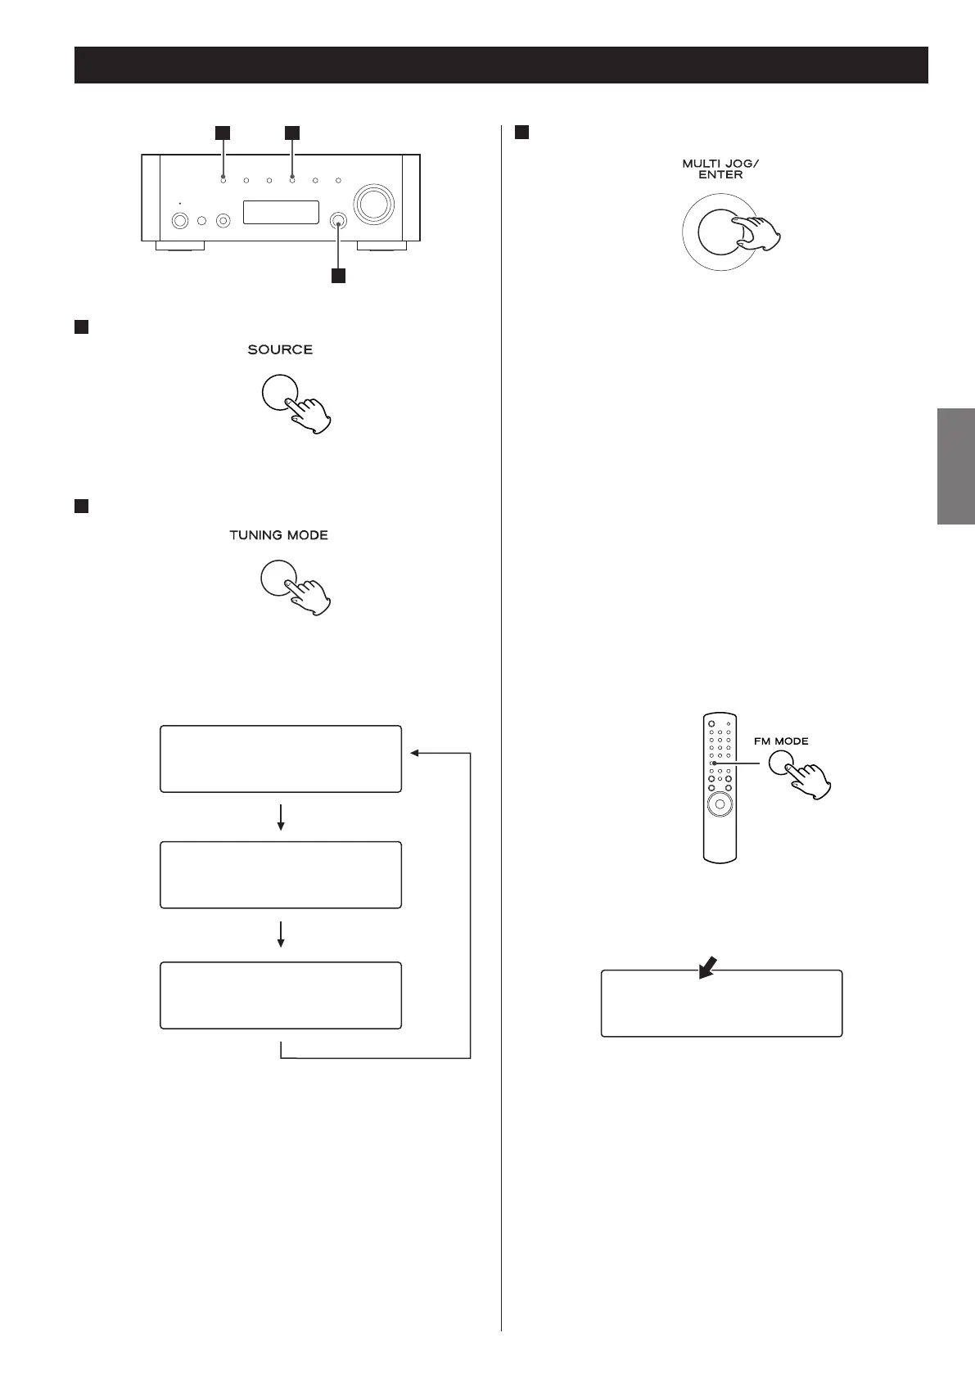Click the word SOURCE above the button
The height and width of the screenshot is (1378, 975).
280,349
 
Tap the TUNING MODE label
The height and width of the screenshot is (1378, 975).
278,535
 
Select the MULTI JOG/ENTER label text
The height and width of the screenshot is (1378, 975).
720,169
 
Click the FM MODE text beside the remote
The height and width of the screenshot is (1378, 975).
780,741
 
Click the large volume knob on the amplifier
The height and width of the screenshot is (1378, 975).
373,203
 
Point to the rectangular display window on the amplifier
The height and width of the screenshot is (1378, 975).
281,212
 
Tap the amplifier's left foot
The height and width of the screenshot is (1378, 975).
180,245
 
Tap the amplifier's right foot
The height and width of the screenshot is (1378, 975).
381,245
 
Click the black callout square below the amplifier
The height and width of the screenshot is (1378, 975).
337,276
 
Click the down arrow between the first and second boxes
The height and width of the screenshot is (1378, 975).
281,817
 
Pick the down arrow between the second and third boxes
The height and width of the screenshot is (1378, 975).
281,935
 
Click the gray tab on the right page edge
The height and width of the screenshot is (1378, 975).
955,466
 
